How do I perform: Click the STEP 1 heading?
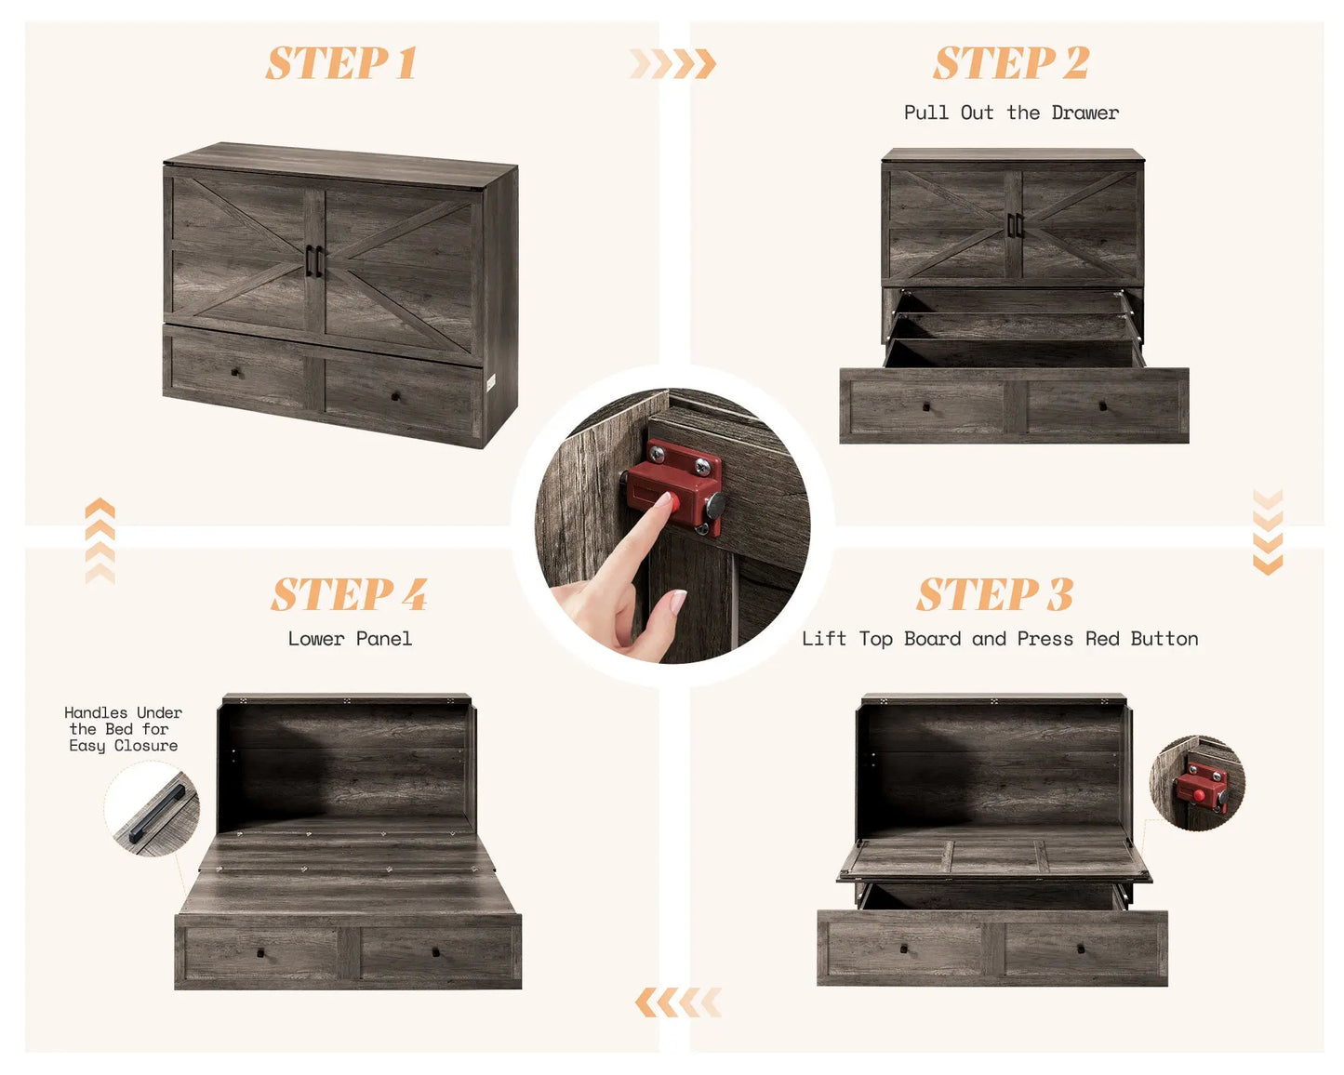341,63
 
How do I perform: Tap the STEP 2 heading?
1011,62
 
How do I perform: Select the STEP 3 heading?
995,594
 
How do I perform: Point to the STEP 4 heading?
350,594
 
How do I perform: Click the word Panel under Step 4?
383,638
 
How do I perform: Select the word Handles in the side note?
96,712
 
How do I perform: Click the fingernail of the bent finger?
678,602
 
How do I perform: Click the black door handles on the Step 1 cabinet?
314,261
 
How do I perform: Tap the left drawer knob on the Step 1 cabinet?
235,372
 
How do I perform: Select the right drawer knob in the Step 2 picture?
1103,406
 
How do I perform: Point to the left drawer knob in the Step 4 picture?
260,952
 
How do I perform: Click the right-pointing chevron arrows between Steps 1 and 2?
672,63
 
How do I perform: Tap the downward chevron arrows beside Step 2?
1268,532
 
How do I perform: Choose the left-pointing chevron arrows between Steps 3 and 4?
678,1002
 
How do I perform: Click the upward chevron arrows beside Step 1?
100,541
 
